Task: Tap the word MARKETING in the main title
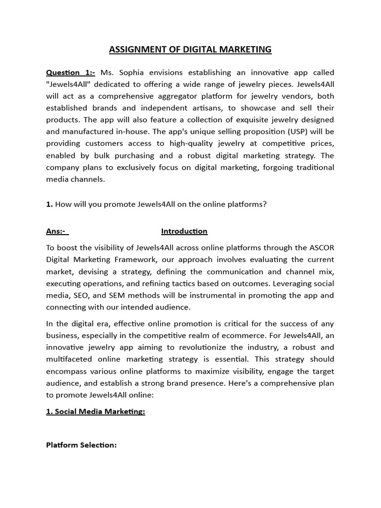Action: pos(245,49)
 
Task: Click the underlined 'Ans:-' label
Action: pos(57,231)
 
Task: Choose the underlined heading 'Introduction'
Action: pos(184,231)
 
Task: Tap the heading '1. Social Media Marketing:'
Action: pos(96,412)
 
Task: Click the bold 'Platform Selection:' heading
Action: pos(81,445)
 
